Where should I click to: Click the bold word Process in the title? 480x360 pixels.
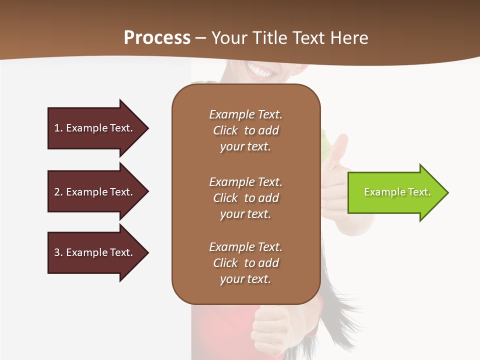pyautogui.click(x=157, y=38)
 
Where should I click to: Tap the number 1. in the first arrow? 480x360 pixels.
pyautogui.click(x=58, y=128)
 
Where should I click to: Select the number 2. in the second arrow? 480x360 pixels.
pyautogui.click(x=58, y=192)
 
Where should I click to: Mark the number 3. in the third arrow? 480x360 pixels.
pyautogui.click(x=58, y=252)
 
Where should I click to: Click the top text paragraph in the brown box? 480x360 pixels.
pyautogui.click(x=245, y=130)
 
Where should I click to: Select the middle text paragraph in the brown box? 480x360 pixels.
pyautogui.click(x=245, y=198)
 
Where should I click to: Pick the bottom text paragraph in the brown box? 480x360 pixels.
pyautogui.click(x=245, y=263)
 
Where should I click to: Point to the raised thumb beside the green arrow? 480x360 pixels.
pyautogui.click(x=339, y=147)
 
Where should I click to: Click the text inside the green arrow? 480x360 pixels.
pyautogui.click(x=397, y=192)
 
